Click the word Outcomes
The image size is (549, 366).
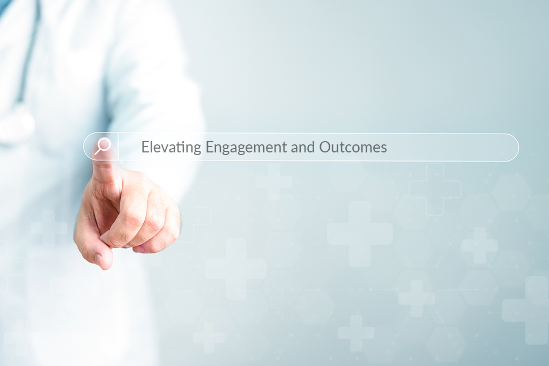pyautogui.click(x=353, y=147)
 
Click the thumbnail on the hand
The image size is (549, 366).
pyautogui.click(x=99, y=259)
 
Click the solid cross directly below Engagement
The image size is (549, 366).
pyautogui.click(x=236, y=268)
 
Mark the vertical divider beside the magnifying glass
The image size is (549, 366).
pyautogui.click(x=118, y=147)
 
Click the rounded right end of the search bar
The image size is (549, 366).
pyautogui.click(x=514, y=147)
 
